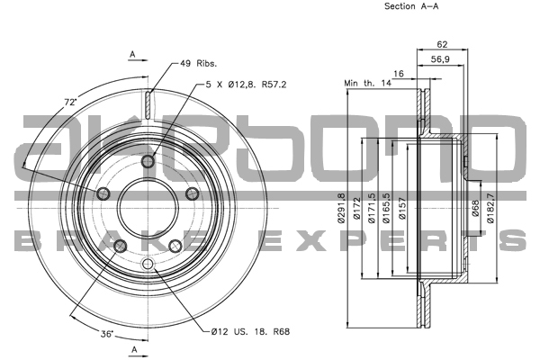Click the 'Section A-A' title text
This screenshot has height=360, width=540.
(x=411, y=6)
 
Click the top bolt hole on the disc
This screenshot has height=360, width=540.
(x=148, y=160)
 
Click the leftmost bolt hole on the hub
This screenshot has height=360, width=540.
(x=103, y=194)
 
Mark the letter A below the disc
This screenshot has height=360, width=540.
(x=132, y=348)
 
